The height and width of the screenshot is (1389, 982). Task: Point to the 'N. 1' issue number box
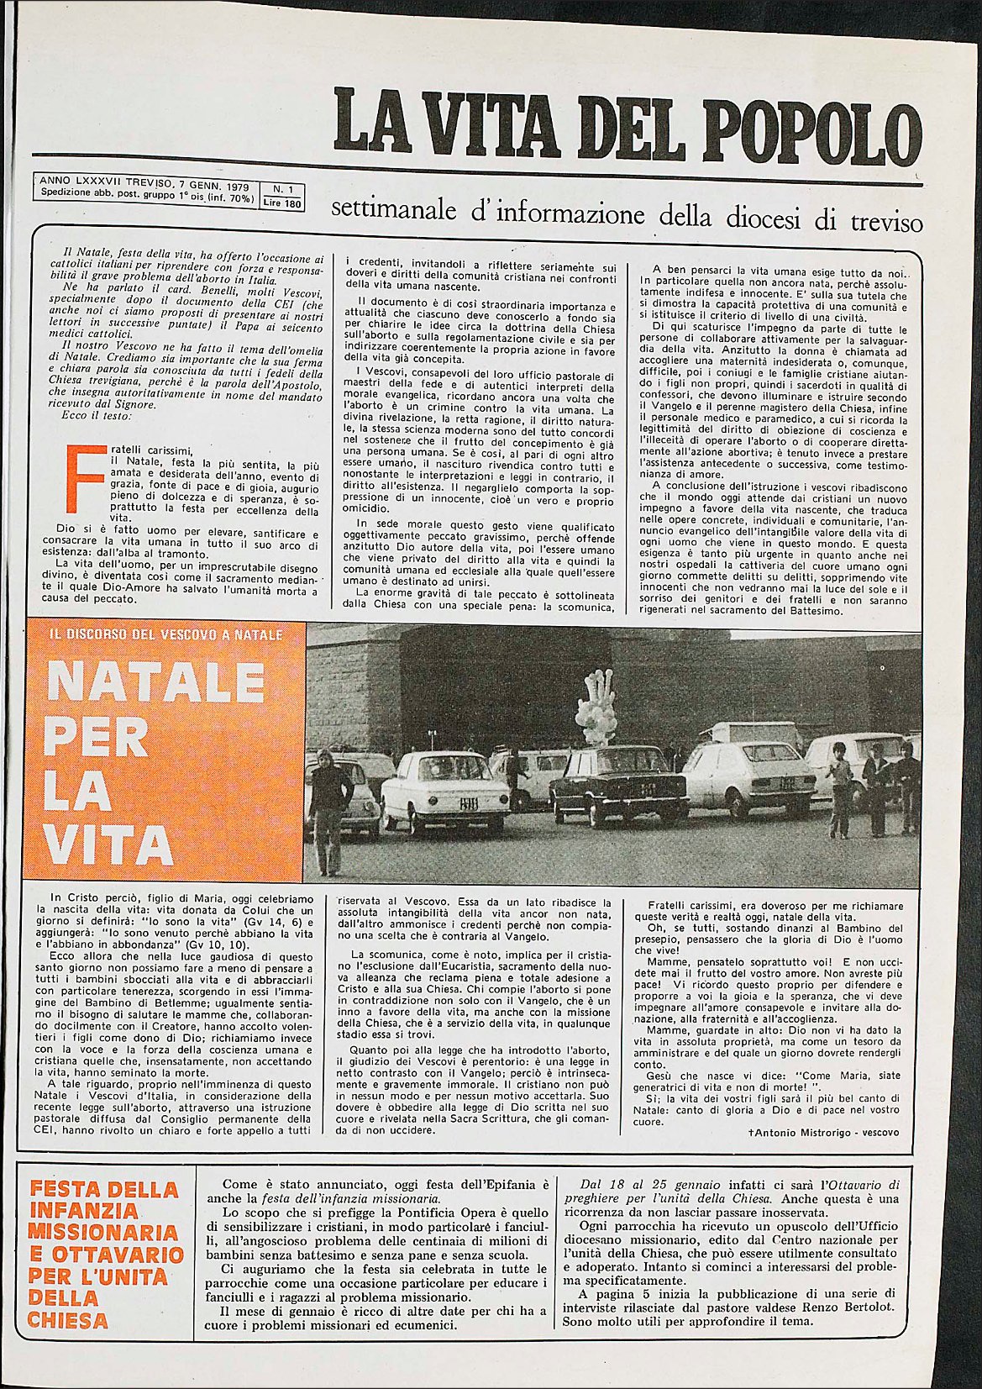pos(281,190)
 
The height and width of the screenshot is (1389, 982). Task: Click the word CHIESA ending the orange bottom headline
pos(69,1319)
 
